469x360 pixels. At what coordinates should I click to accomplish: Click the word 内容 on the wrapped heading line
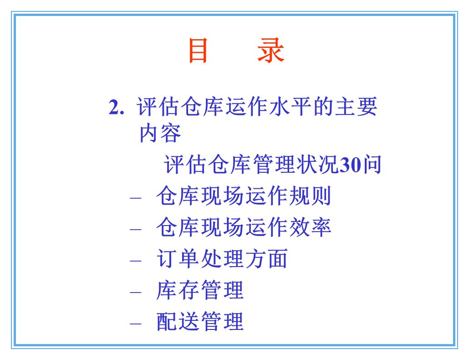pyautogui.click(x=160, y=133)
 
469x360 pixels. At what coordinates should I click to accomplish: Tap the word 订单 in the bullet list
pyautogui.click(x=178, y=259)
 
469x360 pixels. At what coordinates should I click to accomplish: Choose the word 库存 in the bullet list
pyautogui.click(x=178, y=290)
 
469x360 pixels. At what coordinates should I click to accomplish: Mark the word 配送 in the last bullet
pyautogui.click(x=178, y=321)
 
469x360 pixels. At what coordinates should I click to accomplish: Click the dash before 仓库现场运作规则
pyautogui.click(x=136, y=199)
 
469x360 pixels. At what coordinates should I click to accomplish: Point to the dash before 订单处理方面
pyautogui.click(x=136, y=261)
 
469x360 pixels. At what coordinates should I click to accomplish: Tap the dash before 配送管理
pyautogui.click(x=136, y=324)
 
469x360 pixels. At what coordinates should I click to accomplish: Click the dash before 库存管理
pyautogui.click(x=136, y=292)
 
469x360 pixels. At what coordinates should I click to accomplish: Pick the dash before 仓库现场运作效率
pyautogui.click(x=136, y=230)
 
